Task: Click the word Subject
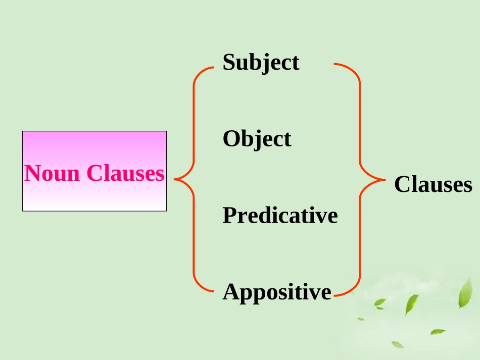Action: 261,63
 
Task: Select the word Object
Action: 257,139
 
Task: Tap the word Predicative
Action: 280,216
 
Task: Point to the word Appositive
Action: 277,292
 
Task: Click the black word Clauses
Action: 433,185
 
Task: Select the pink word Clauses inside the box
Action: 125,173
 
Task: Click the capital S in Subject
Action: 228,62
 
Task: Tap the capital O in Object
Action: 230,138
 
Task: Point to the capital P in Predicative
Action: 229,215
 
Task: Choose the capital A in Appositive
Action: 230,291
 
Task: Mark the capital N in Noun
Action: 33,173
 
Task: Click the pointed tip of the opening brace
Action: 175,179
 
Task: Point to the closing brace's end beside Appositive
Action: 335,294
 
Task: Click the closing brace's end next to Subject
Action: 335,65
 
